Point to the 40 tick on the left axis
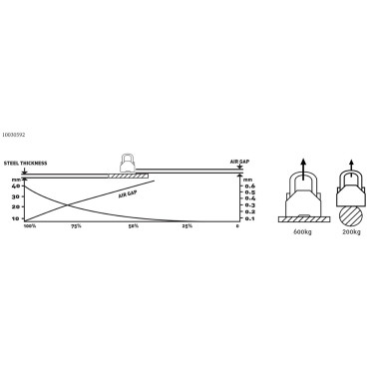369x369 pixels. click(x=15, y=186)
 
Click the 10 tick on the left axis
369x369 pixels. click(x=15, y=217)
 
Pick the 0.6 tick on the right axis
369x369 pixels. click(x=250, y=186)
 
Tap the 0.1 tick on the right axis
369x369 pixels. click(x=250, y=218)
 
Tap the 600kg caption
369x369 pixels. click(x=304, y=231)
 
